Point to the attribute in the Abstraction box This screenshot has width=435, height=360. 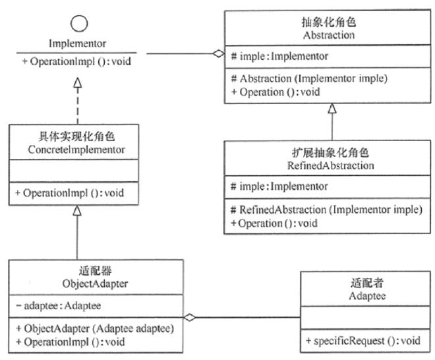point(279,56)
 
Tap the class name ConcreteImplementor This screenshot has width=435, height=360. point(78,150)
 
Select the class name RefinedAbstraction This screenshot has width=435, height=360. point(332,165)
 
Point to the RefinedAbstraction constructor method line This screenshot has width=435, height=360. point(326,209)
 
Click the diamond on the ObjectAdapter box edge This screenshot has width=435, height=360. point(190,317)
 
